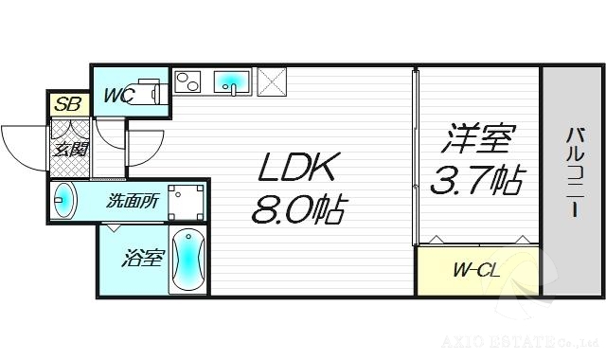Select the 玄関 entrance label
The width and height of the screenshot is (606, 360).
coord(70,150)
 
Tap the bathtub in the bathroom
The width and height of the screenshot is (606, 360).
coord(187,260)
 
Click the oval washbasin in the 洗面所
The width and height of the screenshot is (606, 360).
coord(64,201)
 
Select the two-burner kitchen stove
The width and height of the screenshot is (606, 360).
coord(188,83)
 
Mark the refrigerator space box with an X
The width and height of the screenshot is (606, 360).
coord(272,82)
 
